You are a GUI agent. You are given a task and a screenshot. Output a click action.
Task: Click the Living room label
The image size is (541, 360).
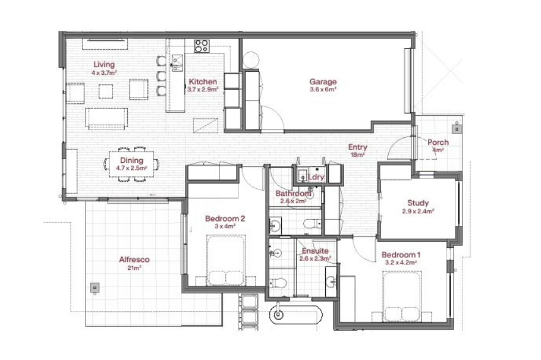click(104, 65)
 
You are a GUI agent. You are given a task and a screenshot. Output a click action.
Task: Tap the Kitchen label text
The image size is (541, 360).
click(203, 82)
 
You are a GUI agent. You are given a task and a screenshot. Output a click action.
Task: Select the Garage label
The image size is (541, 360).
click(323, 82)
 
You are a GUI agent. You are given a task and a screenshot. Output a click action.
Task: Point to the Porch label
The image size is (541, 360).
click(438, 142)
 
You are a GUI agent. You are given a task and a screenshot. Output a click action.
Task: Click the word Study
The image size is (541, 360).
click(418, 203)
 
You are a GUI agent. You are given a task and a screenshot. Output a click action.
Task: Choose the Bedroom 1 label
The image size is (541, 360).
click(401, 255)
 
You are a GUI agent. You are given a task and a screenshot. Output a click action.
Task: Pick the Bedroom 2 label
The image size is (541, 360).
click(225, 218)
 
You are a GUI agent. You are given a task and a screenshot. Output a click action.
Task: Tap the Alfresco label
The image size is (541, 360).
click(134, 259)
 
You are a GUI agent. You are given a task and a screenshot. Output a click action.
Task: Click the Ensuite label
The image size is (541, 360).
click(315, 251)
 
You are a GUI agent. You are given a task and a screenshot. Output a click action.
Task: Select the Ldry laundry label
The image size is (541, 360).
click(316, 177)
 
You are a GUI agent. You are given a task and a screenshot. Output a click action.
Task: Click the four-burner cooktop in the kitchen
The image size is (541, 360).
click(201, 46)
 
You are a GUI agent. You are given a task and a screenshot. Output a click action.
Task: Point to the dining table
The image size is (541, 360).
click(131, 164)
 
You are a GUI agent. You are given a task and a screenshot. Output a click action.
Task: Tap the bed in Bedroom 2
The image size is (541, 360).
click(226, 261)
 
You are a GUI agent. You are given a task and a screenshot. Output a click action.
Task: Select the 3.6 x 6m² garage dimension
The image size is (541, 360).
click(323, 89)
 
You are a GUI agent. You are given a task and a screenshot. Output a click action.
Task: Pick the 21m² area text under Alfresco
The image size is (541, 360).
click(134, 267)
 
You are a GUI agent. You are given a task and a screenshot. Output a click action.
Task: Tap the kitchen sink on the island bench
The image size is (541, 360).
click(177, 62)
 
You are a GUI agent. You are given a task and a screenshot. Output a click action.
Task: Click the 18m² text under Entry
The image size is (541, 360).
click(357, 155)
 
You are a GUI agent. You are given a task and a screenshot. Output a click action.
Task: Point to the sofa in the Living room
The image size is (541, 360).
click(106, 118)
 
